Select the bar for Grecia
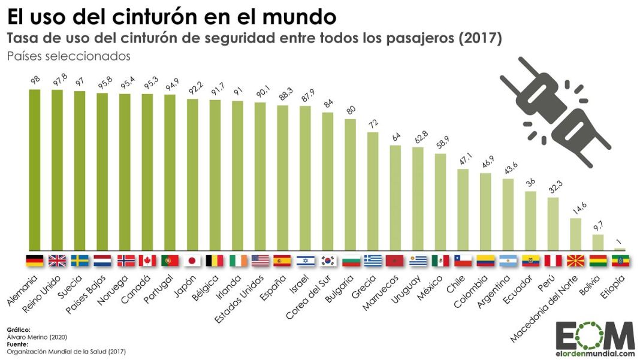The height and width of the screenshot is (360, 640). [x=373, y=191]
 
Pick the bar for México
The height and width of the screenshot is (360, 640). [x=440, y=202]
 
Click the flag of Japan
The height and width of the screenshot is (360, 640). [x=192, y=261]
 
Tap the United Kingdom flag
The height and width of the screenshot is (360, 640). [x=58, y=261]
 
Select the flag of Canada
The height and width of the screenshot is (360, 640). [x=147, y=261]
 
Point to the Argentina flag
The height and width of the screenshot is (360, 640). [x=508, y=261]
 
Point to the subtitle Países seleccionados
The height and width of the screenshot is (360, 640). [x=68, y=56]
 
